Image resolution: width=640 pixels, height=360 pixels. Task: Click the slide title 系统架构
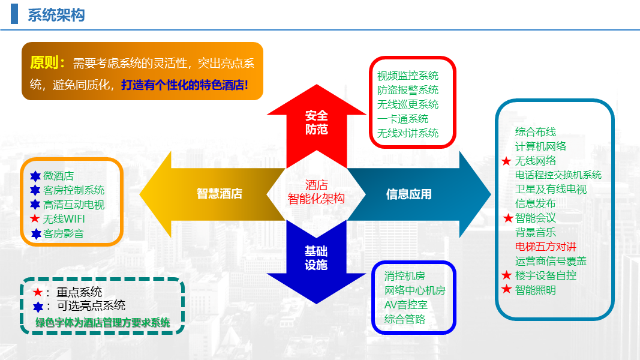56,15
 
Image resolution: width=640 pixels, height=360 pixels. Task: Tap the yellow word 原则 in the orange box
47,63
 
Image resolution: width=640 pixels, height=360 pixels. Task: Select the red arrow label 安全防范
316,122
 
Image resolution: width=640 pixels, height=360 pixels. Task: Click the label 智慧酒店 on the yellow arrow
220,194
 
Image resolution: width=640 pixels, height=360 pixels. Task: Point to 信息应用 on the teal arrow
408,194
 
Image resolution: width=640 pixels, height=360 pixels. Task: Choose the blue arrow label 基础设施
316,258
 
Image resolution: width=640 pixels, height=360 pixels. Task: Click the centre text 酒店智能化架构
316,192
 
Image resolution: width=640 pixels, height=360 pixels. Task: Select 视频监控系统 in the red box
408,76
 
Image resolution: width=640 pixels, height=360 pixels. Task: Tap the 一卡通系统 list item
403,119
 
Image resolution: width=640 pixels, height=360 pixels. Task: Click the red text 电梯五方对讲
546,247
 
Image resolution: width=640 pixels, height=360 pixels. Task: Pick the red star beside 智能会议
508,218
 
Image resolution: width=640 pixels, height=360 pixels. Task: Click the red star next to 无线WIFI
35,219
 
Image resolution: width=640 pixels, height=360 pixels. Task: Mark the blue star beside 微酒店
35,176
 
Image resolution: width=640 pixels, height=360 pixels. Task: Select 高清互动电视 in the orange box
74,205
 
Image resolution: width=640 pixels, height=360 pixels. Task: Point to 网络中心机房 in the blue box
415,290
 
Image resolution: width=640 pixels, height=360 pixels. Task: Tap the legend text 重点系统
79,292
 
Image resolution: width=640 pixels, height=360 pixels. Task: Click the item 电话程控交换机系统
558,175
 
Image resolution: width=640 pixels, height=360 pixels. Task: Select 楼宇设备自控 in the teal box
546,275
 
